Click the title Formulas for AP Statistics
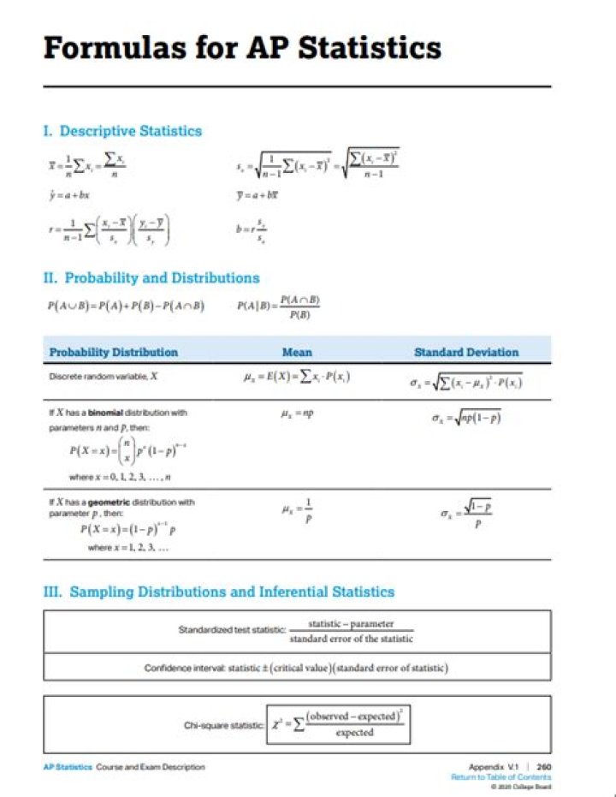tap(242, 47)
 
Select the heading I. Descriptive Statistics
tap(122, 131)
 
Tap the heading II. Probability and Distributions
tap(151, 277)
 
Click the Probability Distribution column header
tap(113, 352)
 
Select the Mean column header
tap(297, 352)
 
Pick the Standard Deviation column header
tap(466, 352)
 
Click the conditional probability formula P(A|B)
tap(279, 306)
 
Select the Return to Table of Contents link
tap(501, 777)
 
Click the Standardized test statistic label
tap(230, 631)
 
